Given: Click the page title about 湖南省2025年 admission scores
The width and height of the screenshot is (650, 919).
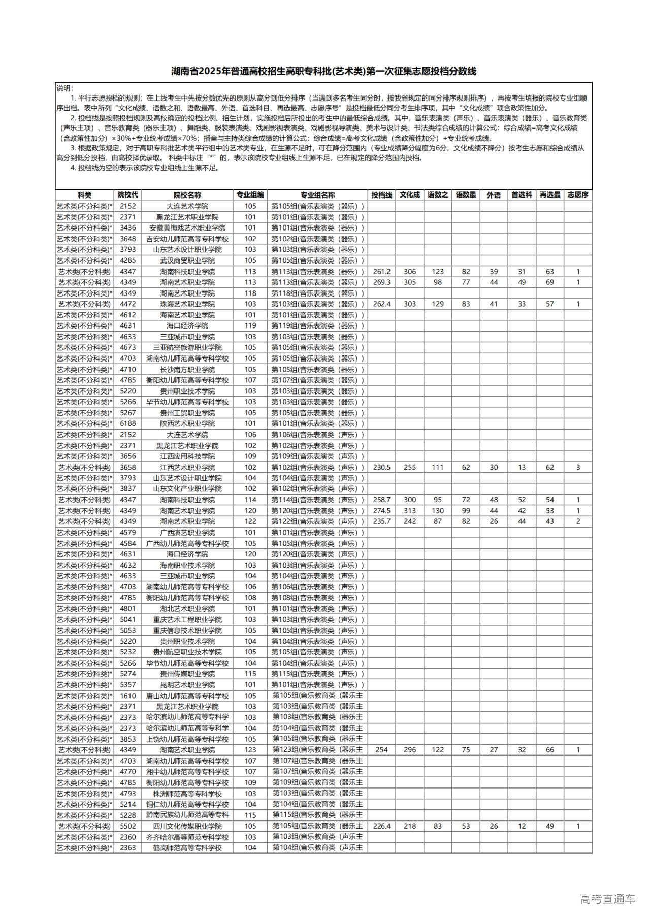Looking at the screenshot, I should click(x=323, y=71).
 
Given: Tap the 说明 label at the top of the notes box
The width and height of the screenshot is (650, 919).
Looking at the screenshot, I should click(x=65, y=88).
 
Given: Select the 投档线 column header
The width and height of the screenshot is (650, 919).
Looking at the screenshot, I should click(x=381, y=195).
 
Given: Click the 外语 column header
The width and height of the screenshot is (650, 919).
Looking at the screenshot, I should click(x=494, y=195).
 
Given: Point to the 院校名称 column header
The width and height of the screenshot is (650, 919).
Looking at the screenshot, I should click(x=187, y=195).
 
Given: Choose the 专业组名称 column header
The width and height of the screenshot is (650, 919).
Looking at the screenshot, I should click(x=317, y=195).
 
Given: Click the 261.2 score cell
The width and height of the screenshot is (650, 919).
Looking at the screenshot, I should click(x=381, y=272).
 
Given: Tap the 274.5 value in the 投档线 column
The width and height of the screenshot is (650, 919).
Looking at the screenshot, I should click(x=381, y=511).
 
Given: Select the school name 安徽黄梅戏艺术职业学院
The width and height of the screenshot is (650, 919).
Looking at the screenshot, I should click(x=187, y=228).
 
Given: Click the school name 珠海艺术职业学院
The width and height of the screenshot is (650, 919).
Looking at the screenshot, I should click(x=187, y=304).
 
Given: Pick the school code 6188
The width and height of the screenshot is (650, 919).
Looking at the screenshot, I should click(x=128, y=423).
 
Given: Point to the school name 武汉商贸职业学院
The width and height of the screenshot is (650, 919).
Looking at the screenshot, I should click(x=187, y=260).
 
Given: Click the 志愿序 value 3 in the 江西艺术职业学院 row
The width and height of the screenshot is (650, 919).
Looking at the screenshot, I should click(x=578, y=467).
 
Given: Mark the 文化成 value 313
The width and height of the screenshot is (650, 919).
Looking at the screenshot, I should click(x=410, y=511).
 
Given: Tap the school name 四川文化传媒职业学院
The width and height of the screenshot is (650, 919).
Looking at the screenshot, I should click(x=187, y=826).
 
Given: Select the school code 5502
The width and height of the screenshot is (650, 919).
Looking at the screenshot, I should click(x=128, y=826).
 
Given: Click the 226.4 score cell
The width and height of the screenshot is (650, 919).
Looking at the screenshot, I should click(x=381, y=826).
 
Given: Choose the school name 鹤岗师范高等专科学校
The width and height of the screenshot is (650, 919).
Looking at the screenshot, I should click(x=187, y=848).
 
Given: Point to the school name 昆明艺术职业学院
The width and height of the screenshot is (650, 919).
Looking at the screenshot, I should click(x=187, y=685).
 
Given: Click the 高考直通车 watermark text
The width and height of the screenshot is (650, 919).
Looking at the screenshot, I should click(x=607, y=899).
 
